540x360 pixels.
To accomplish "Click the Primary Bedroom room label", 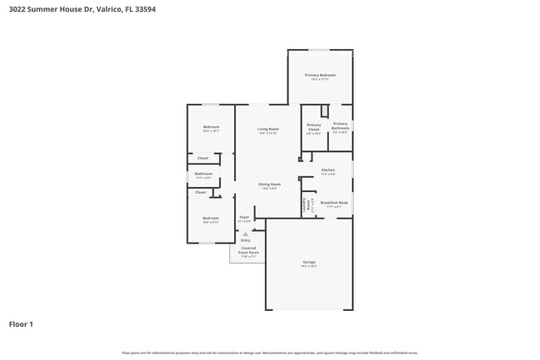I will coord(320,76).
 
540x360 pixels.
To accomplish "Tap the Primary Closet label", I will coord(313,127).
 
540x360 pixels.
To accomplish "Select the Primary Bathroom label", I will coord(341,127).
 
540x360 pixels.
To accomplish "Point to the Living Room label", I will coord(268,130).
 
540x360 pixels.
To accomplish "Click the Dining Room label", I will coord(269,185).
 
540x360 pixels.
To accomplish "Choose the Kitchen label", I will coord(328,170).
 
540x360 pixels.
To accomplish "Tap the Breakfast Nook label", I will coord(334,203).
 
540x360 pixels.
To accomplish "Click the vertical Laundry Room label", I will coord(307,203).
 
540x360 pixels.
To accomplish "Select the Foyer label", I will coord(244,218).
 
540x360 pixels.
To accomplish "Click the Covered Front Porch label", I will coord(249,251).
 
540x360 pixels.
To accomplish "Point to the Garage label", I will coord(309,263).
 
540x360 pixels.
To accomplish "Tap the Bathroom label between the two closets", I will coord(204,175).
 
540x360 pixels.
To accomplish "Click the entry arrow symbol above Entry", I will coord(245,234).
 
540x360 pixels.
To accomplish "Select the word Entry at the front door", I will coord(245,240).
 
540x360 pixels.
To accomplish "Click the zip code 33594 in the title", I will coord(144,10).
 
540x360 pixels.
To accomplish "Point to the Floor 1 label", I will coord(21,324).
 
